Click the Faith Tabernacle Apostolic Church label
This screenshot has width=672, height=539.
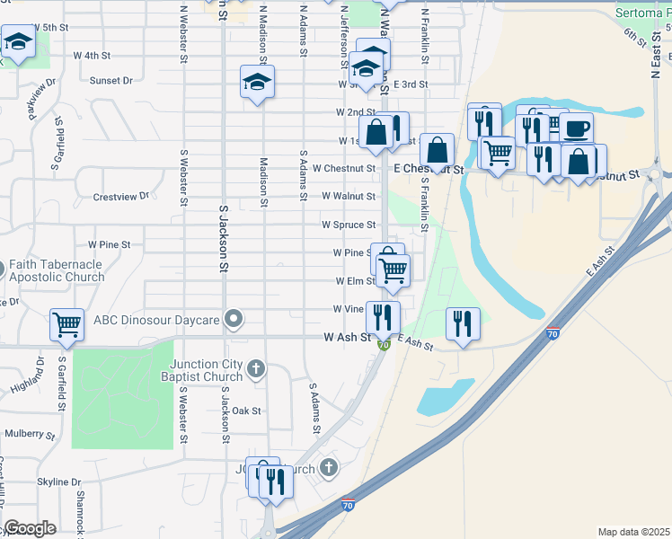(57, 271)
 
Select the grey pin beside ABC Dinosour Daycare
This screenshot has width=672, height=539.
(234, 319)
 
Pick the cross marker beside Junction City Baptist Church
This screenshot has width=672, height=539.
(256, 368)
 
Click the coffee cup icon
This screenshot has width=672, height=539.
(576, 128)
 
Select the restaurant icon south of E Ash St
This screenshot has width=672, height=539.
(463, 323)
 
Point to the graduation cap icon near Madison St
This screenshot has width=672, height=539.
(257, 83)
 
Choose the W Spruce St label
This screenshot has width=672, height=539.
(349, 225)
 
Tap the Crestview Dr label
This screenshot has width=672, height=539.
(119, 196)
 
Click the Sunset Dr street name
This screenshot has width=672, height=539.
(111, 80)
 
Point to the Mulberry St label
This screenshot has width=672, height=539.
(30, 433)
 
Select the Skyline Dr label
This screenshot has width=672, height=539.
(59, 482)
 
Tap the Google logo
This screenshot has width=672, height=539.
(31, 528)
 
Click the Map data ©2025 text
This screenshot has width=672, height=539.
(633, 532)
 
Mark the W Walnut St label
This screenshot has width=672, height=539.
(348, 196)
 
